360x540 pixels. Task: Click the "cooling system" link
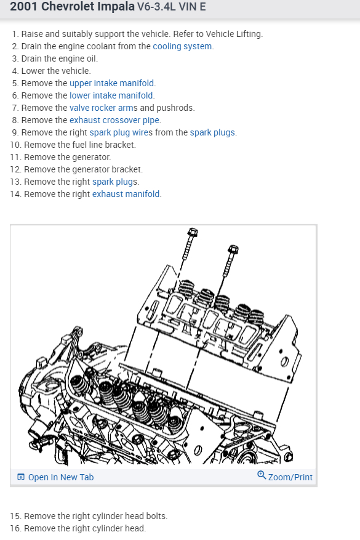coord(182,46)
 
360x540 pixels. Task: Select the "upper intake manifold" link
coord(111,83)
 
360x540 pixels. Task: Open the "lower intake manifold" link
coord(111,95)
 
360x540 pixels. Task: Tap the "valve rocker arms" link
coord(103,108)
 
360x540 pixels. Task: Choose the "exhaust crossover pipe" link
coord(114,120)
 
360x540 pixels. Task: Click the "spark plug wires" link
coord(121,132)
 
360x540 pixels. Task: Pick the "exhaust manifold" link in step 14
coord(126,194)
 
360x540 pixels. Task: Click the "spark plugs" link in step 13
coord(114,182)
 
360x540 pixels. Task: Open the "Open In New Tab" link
coord(60,477)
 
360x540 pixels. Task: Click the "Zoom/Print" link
coord(290,477)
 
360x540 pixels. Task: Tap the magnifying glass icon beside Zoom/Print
coord(262,475)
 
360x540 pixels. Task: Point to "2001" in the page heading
coord(24,6)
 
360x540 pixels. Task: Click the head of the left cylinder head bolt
coord(193,232)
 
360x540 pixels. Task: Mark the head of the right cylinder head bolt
coord(233,249)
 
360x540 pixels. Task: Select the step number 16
coord(16,528)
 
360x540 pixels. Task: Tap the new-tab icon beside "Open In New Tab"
coord(21,477)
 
